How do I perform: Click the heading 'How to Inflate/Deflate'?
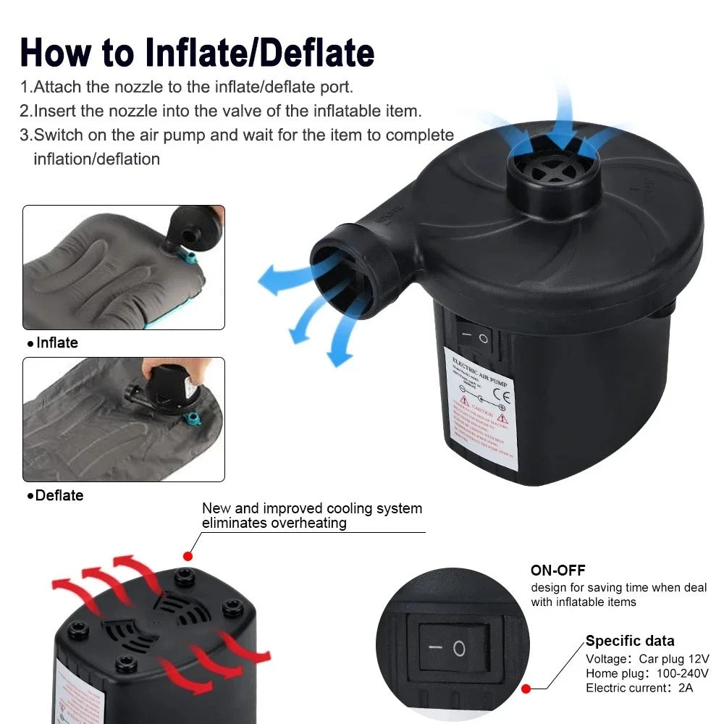coord(197,52)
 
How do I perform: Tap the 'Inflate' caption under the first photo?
coord(56,342)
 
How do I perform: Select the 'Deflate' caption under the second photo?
coord(59,495)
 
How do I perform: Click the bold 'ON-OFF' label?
coord(557,571)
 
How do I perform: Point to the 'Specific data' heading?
coord(630,641)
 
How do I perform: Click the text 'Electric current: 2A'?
coord(639,688)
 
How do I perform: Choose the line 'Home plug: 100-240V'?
coord(647,673)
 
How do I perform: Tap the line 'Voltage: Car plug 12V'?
coord(647,659)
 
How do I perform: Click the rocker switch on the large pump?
coord(474,337)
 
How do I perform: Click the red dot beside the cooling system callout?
coord(188,556)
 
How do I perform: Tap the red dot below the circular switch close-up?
coord(526,689)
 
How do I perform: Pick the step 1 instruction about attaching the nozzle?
coord(187,87)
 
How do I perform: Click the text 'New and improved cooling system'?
coord(311,509)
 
